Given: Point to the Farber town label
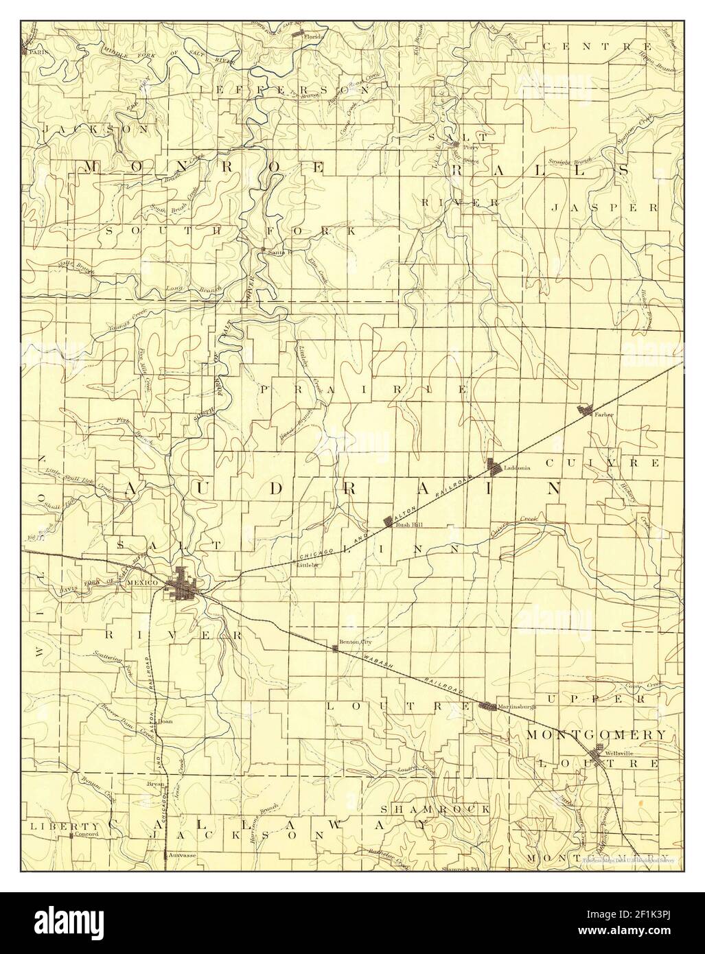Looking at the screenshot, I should pos(604,415).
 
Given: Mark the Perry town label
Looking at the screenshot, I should pos(471,146).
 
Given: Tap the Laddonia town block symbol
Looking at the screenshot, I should pos(495,466).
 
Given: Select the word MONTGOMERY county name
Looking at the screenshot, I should pos(595,734).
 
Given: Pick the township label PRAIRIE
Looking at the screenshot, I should pos(364,389).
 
